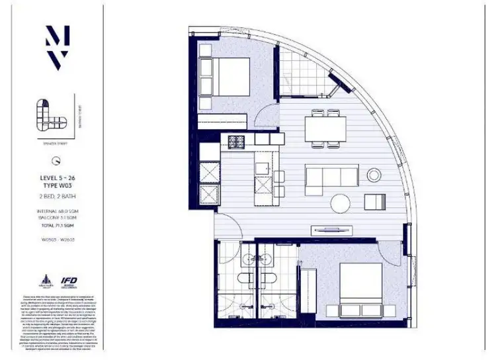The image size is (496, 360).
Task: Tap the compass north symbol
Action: pyautogui.click(x=58, y=159)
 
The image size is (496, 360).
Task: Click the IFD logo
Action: pyautogui.click(x=69, y=281)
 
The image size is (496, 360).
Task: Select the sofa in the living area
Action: pyautogui.click(x=331, y=177)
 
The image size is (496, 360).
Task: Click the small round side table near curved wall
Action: pyautogui.click(x=375, y=175)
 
